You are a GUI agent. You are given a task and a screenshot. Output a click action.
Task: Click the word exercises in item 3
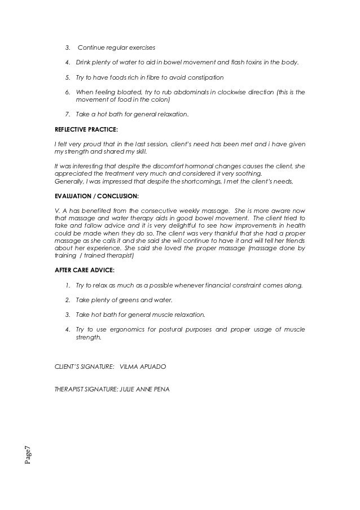tap(141, 46)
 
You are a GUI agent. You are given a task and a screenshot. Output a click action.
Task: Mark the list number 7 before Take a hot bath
tap(67, 114)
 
